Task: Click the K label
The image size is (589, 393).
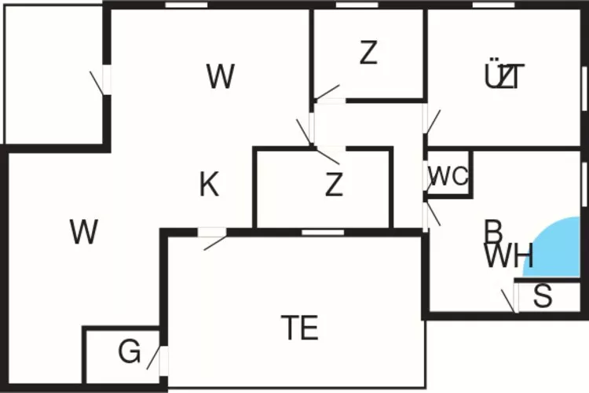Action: (209, 185)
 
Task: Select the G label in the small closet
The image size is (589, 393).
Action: (129, 352)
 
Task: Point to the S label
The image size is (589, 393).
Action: (543, 296)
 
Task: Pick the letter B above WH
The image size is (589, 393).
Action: (493, 232)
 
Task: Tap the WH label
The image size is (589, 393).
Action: (509, 256)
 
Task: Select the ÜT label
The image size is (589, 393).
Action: (504, 77)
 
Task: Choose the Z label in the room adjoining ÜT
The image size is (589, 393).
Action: (368, 53)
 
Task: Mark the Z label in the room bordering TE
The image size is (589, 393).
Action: (335, 185)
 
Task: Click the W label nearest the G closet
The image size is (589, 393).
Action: (83, 232)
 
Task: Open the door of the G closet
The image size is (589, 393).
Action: (163, 358)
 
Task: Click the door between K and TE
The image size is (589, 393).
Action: (210, 231)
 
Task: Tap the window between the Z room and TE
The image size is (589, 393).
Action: (322, 231)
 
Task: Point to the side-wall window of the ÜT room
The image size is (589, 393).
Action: (584, 91)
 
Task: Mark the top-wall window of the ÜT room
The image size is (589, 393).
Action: (488, 5)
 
